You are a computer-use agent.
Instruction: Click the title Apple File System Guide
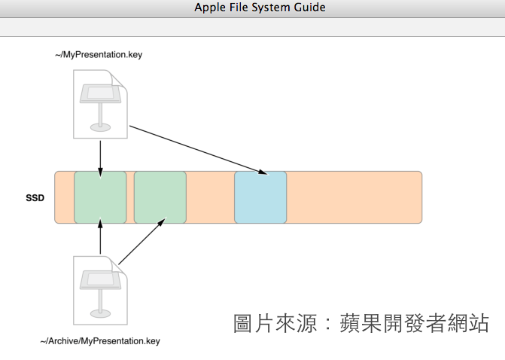260,8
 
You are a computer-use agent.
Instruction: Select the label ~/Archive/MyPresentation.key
100,341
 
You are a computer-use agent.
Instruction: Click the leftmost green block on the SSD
100,197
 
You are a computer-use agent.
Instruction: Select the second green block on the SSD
160,197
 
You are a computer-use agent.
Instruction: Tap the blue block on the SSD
260,197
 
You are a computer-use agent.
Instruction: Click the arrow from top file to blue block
197,150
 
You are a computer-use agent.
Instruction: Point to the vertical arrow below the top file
100,155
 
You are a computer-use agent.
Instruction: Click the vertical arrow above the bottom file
100,239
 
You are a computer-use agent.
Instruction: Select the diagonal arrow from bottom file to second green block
141,241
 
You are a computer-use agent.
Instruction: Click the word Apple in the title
210,8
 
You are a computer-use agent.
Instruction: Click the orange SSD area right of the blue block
354,197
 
